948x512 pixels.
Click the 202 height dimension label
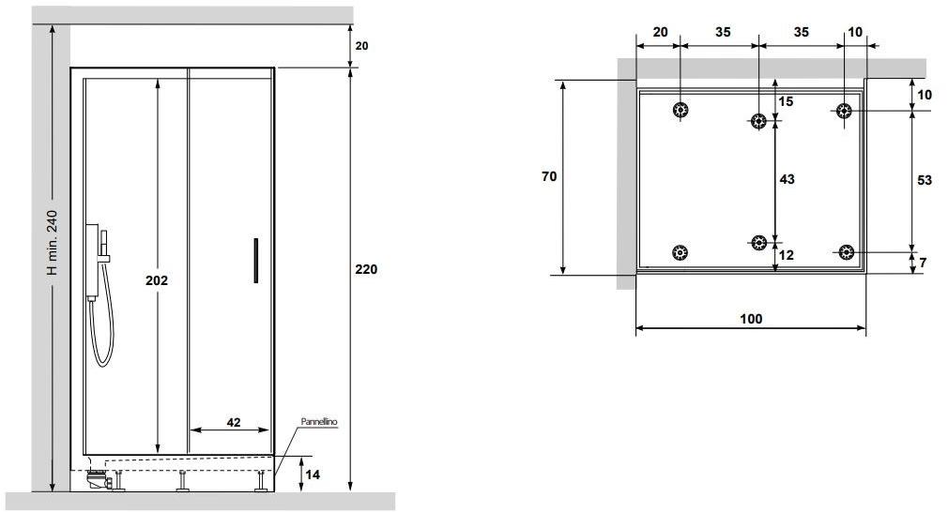(x=157, y=280)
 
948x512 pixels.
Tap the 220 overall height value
(x=366, y=269)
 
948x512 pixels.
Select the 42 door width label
(x=234, y=422)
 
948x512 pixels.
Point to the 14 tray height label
(x=312, y=474)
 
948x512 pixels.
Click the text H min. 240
(x=53, y=242)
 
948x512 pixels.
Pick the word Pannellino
(x=319, y=421)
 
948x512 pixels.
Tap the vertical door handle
(x=255, y=261)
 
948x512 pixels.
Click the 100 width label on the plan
(x=751, y=319)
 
